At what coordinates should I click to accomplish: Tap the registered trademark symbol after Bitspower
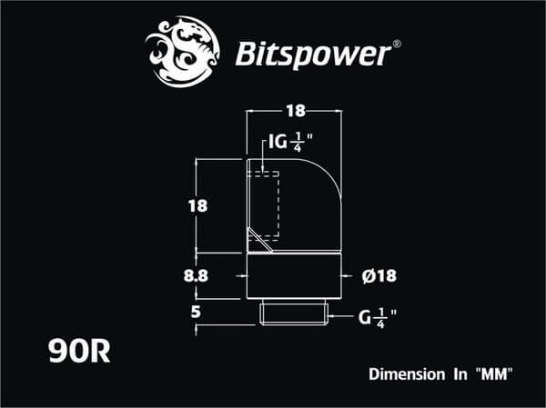coord(395,43)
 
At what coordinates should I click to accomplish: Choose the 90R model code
coord(80,351)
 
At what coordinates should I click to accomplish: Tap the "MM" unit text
coord(490,373)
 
